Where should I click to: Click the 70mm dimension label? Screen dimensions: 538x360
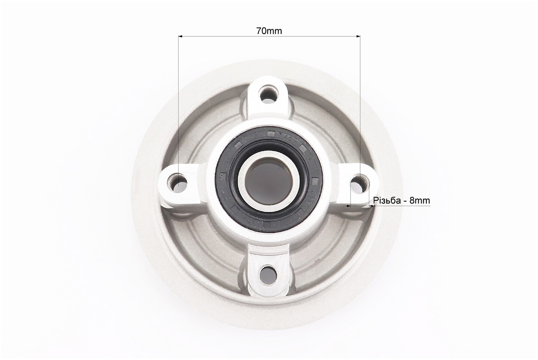(x=269, y=31)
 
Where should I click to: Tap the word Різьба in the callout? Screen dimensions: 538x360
(x=387, y=200)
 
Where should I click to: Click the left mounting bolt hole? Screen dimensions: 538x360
(x=179, y=181)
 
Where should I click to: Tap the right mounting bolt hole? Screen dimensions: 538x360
(x=359, y=182)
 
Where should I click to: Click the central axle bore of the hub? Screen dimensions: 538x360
(x=268, y=181)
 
